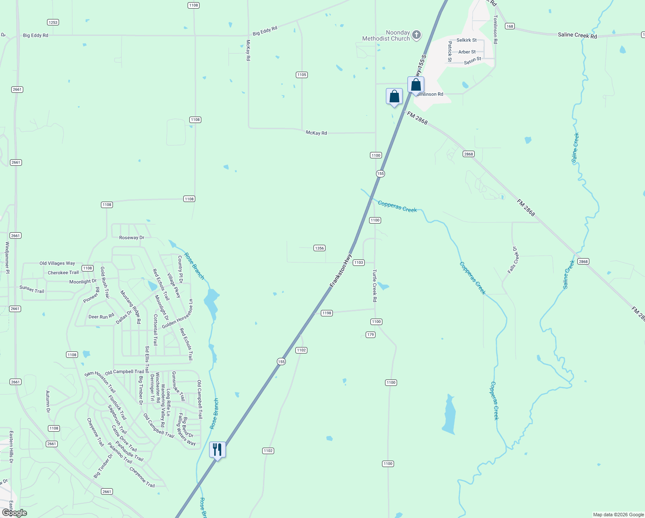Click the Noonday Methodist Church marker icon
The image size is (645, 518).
(x=416, y=35)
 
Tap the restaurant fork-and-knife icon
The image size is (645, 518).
(x=217, y=450)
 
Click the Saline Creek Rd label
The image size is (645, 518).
(x=577, y=35)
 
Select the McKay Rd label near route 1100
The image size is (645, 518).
(x=316, y=133)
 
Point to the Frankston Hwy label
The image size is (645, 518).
(x=341, y=270)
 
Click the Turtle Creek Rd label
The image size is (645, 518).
(x=375, y=286)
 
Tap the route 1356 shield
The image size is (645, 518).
(x=319, y=248)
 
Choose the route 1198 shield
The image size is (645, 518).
(x=327, y=313)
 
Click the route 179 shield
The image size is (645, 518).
(x=370, y=335)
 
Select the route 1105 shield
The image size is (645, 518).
(x=302, y=75)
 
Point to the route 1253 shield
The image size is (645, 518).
(x=53, y=22)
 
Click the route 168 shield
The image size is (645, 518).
(x=510, y=26)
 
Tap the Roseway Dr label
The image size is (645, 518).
(x=132, y=237)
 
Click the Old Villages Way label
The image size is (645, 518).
(x=57, y=263)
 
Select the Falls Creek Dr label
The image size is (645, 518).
(x=513, y=260)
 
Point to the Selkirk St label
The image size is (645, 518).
(x=467, y=40)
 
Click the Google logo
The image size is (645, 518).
(x=14, y=513)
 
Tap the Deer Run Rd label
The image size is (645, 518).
(x=101, y=317)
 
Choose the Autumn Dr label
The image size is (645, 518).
(x=48, y=401)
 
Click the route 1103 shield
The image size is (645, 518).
(x=359, y=262)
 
